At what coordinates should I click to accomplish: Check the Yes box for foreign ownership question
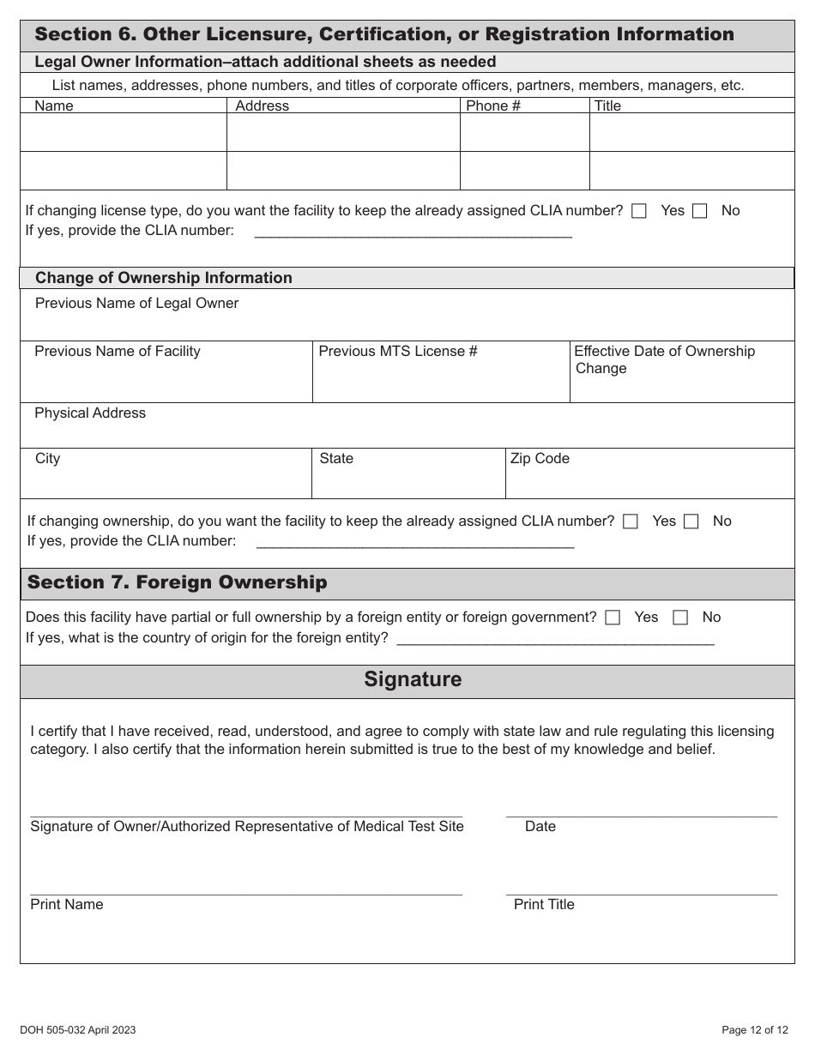613,618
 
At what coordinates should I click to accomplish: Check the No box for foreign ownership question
680,618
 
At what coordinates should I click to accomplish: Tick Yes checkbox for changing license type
638,211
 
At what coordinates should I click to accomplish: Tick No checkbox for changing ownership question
691,521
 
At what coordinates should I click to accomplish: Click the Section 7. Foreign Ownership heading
177,582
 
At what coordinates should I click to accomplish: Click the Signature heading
413,679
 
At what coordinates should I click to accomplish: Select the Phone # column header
492,105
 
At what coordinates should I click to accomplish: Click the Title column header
607,105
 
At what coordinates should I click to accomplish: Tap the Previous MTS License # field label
398,351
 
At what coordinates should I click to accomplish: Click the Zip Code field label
540,458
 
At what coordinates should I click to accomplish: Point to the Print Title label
544,904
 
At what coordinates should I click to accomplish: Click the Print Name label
66,904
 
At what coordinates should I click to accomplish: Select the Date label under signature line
540,826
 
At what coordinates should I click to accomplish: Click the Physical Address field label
90,413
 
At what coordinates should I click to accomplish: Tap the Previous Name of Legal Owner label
136,303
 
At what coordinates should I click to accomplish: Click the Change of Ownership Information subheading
164,278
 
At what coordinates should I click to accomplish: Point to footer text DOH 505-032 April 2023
78,1030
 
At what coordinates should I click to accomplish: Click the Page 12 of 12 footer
754,1030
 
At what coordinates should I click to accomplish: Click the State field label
336,458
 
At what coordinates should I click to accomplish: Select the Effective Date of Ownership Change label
664,359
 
